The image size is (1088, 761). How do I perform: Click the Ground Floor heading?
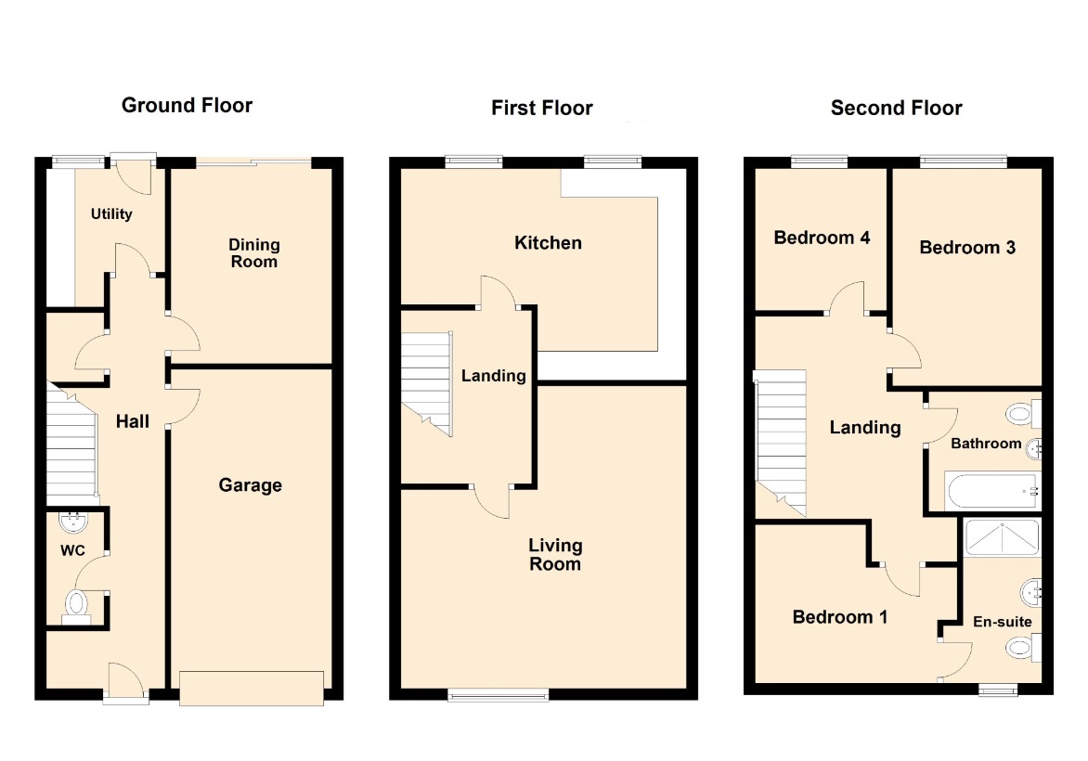[x=187, y=106]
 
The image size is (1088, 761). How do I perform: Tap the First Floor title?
[x=542, y=109]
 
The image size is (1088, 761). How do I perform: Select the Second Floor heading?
[x=897, y=109]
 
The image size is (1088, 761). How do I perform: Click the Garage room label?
[x=251, y=484]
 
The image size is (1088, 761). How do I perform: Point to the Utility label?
[x=111, y=213]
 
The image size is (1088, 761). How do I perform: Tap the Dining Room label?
[x=254, y=253]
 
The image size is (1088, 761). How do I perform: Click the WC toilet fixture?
[x=76, y=606]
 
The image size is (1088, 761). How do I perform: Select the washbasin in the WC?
[x=73, y=522]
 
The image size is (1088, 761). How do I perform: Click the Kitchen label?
[x=548, y=243]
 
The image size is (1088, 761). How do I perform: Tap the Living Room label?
[x=555, y=555]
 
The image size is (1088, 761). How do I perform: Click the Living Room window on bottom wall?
[x=499, y=694]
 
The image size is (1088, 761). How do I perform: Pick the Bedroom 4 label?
[x=822, y=238]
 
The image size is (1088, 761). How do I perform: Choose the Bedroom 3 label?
[x=967, y=248]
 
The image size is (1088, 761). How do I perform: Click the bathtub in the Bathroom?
[x=993, y=491]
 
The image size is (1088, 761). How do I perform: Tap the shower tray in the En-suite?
[x=1002, y=537]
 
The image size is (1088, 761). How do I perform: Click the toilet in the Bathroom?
[x=1023, y=415]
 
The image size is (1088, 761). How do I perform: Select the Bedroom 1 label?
[x=839, y=617]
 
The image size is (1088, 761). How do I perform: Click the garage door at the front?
[x=252, y=689]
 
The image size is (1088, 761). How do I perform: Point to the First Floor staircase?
[x=426, y=384]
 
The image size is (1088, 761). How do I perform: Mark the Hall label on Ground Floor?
[x=133, y=421]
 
